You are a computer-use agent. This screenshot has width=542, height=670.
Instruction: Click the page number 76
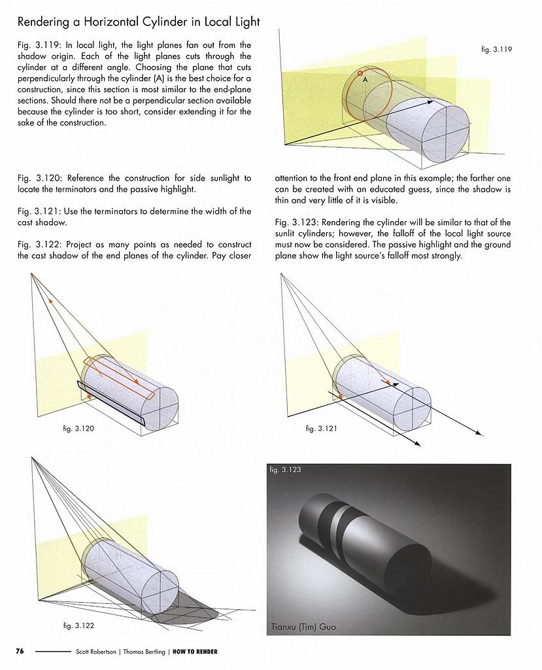20,651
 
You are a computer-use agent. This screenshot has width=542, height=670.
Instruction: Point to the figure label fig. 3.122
78,626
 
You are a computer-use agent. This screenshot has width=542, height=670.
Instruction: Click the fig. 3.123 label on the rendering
285,470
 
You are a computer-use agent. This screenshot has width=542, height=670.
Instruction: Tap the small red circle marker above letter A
360,73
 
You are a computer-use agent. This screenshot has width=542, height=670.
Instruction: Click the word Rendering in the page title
44,22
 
